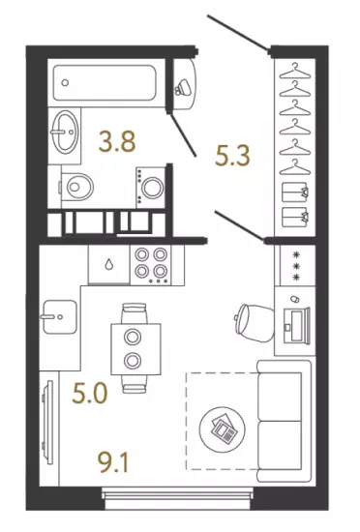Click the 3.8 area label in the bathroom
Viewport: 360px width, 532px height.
[117, 141]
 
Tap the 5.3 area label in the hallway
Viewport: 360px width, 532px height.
[233, 155]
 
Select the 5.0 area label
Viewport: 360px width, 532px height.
[90, 393]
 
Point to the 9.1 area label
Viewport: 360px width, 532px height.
[113, 462]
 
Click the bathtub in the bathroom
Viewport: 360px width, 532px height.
[105, 83]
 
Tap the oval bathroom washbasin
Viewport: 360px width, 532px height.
[66, 131]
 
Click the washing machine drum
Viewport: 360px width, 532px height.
[152, 188]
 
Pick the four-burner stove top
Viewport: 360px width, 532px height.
[151, 265]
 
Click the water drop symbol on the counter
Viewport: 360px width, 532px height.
[108, 264]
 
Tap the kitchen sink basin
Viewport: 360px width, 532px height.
[59, 317]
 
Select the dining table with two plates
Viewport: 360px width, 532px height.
[135, 349]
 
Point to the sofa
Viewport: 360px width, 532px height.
[284, 421]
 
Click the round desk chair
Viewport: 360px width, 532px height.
[255, 323]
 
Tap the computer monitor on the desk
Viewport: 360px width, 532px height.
[300, 325]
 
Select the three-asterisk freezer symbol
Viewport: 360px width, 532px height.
[297, 266]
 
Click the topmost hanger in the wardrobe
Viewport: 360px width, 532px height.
[295, 71]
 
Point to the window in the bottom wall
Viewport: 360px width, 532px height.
[177, 498]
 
